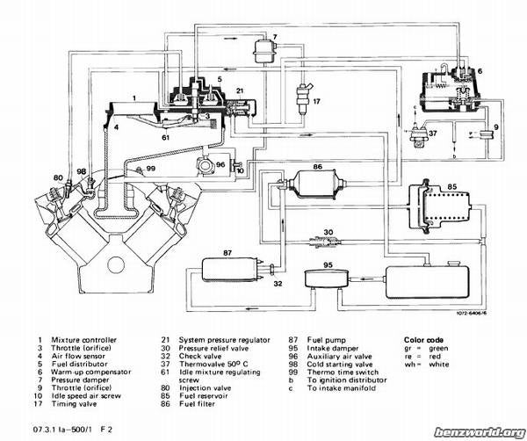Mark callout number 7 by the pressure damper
275,38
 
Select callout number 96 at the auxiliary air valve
220,164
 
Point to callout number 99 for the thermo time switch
150,168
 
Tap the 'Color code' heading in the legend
424,339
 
